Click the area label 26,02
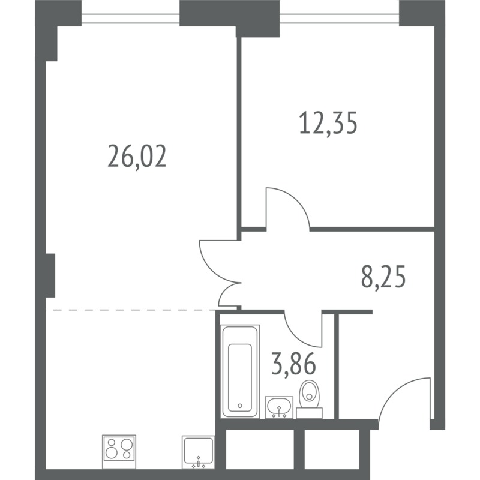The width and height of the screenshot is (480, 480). [x=137, y=157]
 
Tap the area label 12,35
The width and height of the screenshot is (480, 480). [x=328, y=123]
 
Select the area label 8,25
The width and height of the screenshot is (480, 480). [x=383, y=277]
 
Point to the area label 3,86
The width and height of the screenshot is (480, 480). [x=293, y=364]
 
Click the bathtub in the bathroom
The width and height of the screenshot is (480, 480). [x=240, y=371]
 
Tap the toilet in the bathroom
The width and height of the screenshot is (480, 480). [x=309, y=398]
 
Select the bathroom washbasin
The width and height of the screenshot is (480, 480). [x=279, y=407]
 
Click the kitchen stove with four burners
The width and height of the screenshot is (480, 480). [x=119, y=451]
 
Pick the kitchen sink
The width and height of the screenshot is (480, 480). [x=199, y=452]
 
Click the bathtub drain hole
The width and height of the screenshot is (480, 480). [x=239, y=406]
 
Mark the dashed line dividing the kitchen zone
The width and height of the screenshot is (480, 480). [x=134, y=310]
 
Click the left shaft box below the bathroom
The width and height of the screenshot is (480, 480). [x=260, y=449]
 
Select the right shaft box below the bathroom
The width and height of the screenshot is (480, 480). [x=332, y=449]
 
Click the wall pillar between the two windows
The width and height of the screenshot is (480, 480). [x=230, y=16]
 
